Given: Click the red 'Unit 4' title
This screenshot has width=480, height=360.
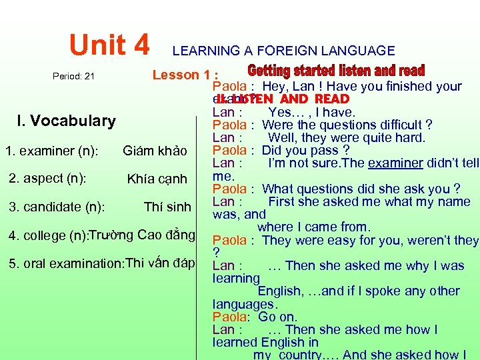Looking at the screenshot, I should pos(110,45).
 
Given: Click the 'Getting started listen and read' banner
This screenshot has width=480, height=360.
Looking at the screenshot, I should pos(336,71).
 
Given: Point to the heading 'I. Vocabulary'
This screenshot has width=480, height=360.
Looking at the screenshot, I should pos(66,121).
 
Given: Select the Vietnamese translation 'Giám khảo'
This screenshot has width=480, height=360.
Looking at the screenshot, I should pos(155,151).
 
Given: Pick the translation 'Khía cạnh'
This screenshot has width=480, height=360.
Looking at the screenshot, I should pos(157,179).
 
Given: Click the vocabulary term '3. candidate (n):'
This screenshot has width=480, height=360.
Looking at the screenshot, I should pos(57,207).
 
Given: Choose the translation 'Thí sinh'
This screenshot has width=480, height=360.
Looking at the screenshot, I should pos(167,207).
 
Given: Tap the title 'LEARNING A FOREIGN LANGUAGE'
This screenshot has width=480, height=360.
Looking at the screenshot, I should pos(283,51).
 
